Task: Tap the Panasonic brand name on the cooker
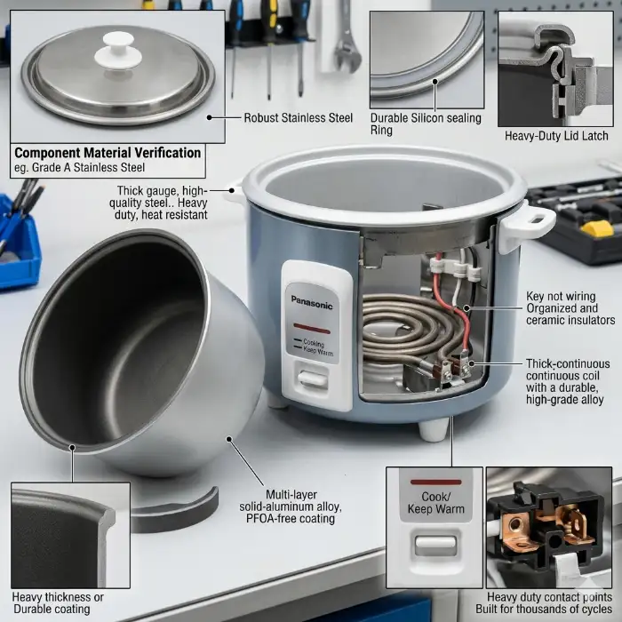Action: (312, 303)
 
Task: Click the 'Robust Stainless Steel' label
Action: (298, 118)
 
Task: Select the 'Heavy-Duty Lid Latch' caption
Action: (556, 136)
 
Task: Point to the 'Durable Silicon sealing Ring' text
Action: (426, 124)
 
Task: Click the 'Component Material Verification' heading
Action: (108, 153)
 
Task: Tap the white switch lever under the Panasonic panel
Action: (313, 379)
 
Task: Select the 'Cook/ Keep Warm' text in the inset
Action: (435, 503)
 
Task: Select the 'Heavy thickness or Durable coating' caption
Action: (58, 603)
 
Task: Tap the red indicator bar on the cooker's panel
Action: (312, 330)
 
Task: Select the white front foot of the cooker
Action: (434, 429)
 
